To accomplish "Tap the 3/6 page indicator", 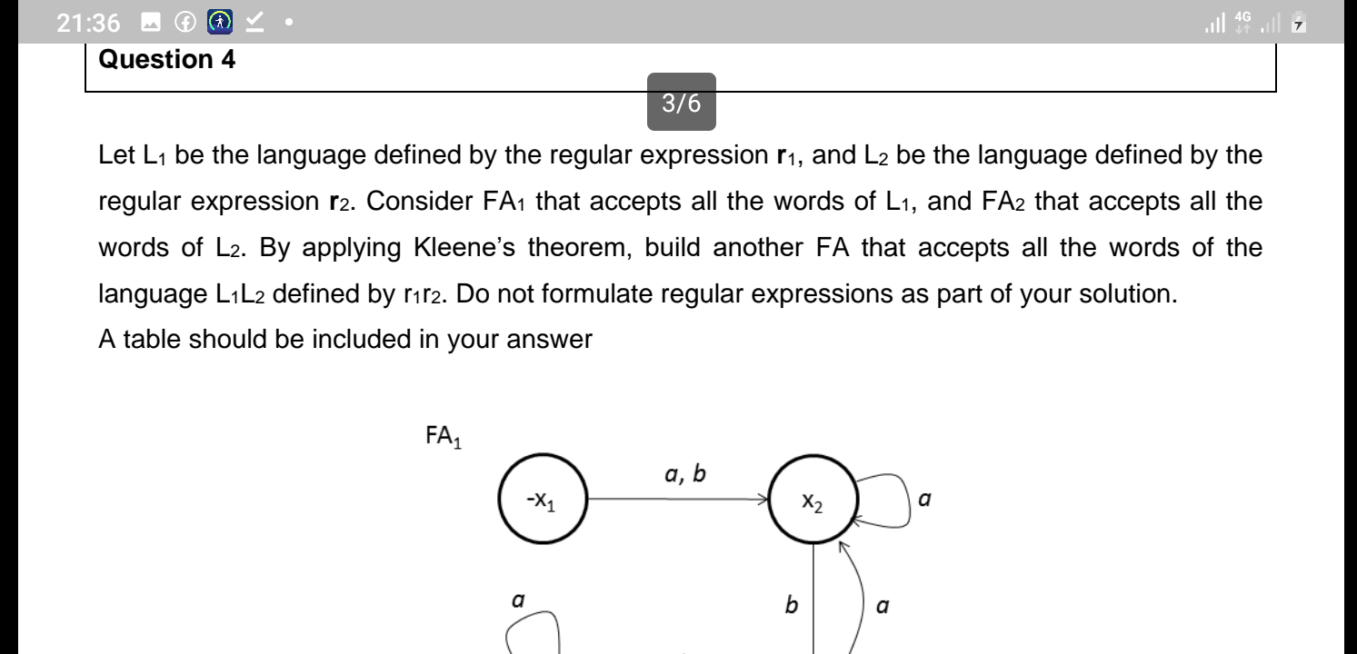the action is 682,103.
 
